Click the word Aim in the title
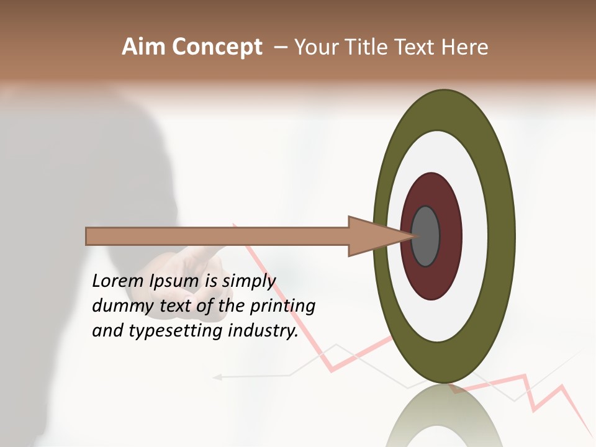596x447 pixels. pyautogui.click(x=143, y=47)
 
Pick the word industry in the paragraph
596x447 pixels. pyautogui.click(x=263, y=332)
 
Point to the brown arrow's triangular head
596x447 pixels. pyautogui.click(x=372, y=236)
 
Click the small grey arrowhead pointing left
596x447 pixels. pyautogui.click(x=217, y=376)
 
